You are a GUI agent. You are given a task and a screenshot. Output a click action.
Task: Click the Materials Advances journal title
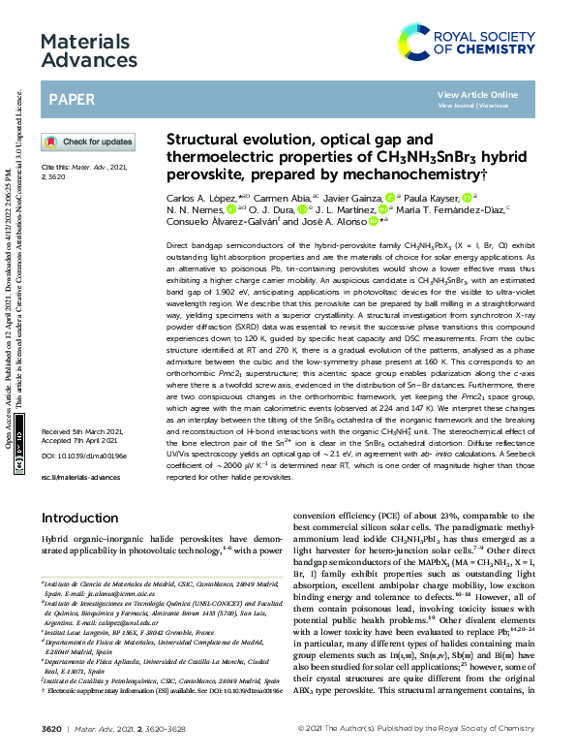(90, 51)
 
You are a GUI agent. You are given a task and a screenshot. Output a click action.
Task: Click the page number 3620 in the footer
(52, 726)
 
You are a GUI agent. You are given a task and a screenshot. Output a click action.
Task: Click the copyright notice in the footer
(426, 726)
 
